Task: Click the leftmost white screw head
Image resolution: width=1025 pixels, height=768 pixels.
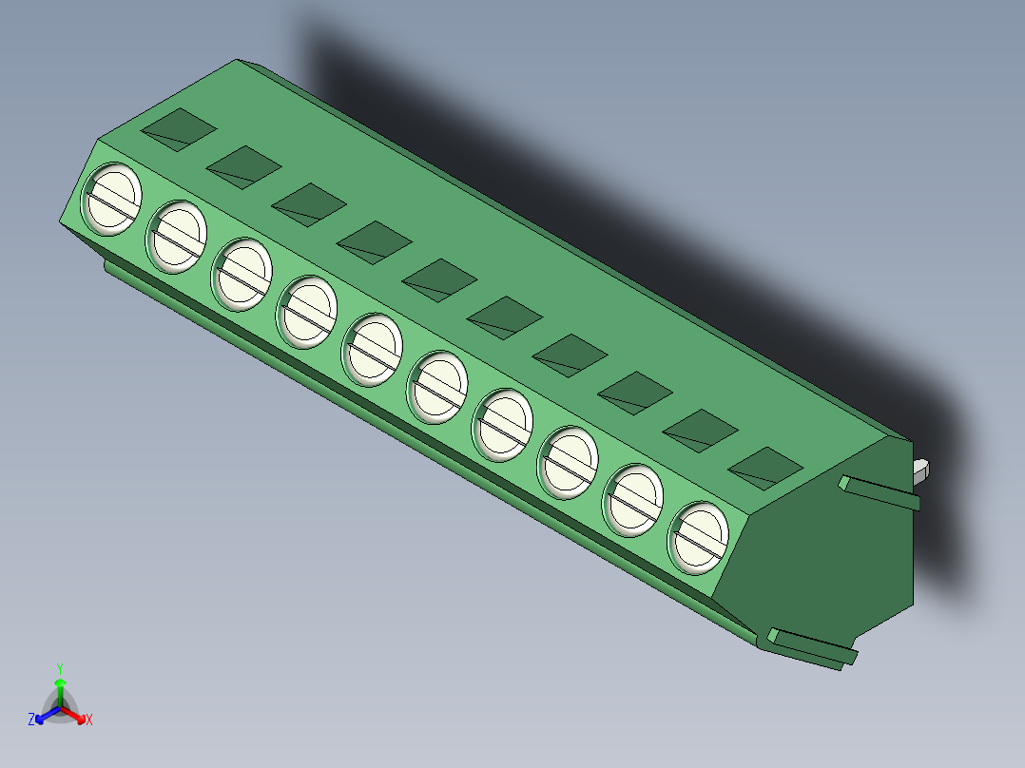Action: [113, 198]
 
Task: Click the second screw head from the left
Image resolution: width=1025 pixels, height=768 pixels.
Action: [176, 234]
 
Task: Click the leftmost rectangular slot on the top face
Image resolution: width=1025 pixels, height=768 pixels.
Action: [179, 128]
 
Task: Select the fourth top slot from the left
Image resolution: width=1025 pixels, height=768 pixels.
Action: [374, 241]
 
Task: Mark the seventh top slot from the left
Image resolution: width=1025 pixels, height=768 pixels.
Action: [570, 355]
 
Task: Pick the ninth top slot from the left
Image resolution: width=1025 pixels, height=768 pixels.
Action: [700, 430]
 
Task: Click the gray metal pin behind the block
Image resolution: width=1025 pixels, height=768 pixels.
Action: [921, 468]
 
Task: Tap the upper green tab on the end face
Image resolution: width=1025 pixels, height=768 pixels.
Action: [880, 494]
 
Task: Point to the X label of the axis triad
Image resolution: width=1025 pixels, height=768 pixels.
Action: [89, 720]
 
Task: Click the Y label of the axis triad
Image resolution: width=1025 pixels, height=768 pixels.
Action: [60, 668]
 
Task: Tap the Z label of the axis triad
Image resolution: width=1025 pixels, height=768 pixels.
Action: [31, 720]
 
